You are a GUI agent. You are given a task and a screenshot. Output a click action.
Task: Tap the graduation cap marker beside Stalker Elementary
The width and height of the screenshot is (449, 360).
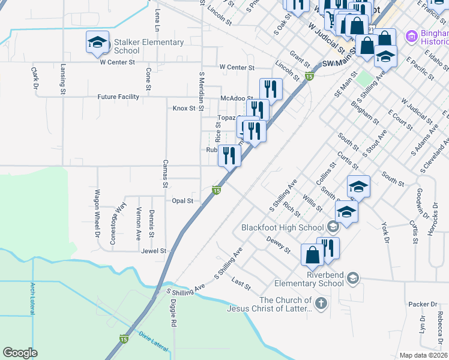(97, 42)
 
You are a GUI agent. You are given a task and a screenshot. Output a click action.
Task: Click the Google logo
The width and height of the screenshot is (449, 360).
(20, 353)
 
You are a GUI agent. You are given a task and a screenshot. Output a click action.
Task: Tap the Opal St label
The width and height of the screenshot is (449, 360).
(182, 201)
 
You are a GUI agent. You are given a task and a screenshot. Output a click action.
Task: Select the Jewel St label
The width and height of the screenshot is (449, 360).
(153, 251)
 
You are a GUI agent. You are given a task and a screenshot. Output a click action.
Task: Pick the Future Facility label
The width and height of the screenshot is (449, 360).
(119, 97)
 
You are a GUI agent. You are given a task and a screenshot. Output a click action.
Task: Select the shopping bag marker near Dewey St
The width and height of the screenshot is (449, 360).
(313, 254)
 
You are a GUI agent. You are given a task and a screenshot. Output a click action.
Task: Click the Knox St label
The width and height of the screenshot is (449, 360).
(184, 109)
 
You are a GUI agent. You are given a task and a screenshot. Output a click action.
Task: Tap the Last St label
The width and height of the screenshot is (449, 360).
(241, 282)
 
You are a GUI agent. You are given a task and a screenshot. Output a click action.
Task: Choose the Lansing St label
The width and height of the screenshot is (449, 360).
(63, 80)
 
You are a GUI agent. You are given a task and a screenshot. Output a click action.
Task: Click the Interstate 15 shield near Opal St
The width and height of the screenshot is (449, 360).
(217, 190)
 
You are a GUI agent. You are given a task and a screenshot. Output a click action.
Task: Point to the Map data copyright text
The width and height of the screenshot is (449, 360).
(423, 355)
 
